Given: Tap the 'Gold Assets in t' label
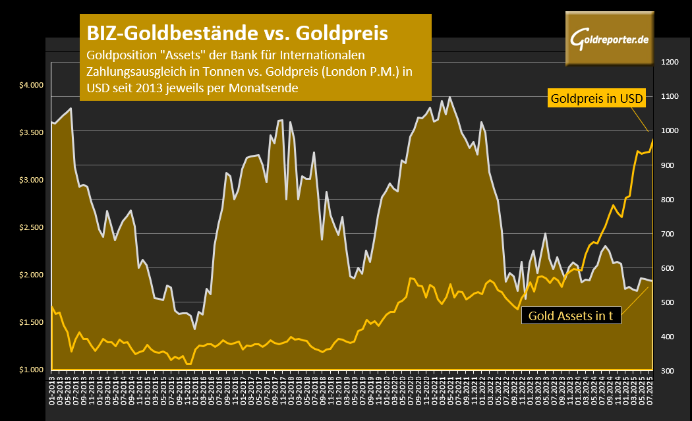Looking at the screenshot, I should click(571, 316).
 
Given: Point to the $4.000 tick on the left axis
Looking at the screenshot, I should click(30, 85).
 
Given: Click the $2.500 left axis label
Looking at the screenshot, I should click(30, 227).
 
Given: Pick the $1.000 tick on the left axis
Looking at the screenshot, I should click(30, 370).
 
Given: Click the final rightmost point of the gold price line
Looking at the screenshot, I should click(652, 139).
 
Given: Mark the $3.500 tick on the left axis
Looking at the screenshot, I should click(30, 132).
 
